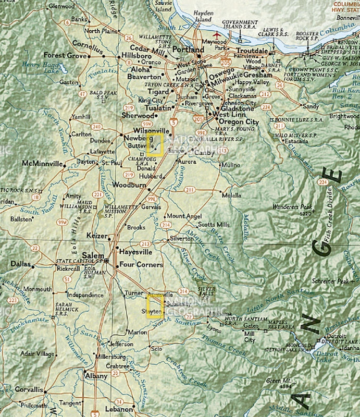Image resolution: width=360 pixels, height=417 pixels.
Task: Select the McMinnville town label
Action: pos(42,164)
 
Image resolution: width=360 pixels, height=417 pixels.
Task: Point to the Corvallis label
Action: pos(29,389)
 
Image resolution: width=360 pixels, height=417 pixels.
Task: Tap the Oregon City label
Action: pos(237,121)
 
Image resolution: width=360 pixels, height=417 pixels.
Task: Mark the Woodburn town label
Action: pos(128,185)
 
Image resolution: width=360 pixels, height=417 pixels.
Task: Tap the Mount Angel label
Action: pos(183,216)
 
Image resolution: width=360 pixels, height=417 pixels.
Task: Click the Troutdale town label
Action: pos(252,51)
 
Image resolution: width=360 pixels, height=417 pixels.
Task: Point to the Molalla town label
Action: pos(231,195)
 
